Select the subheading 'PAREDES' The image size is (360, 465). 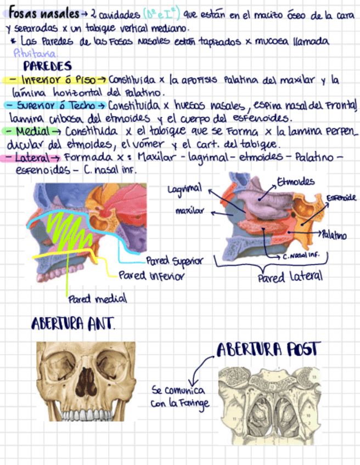pos(47,67)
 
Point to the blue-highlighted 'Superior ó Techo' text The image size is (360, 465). pos(59,105)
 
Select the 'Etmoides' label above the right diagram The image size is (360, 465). pos(296,182)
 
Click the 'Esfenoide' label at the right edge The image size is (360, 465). pos(341,197)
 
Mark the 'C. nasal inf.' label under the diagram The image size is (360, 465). pos(301,256)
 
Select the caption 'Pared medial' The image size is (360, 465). pos(97,299)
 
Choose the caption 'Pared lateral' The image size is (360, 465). pos(290,278)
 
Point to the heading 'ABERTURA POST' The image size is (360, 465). pos(268,349)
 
